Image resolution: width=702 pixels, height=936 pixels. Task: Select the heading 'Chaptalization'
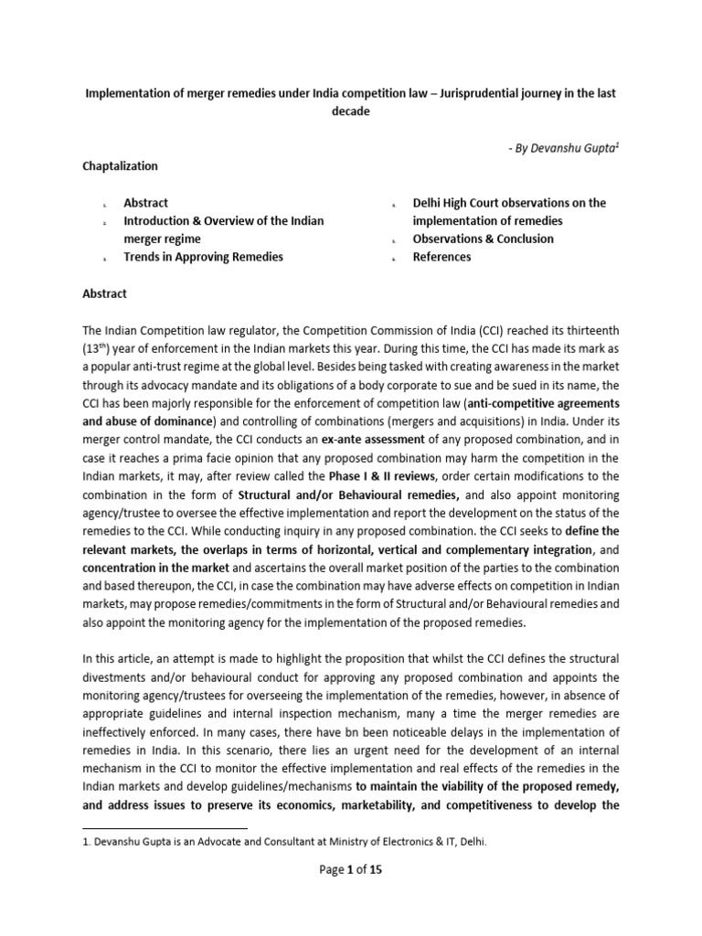[121, 167]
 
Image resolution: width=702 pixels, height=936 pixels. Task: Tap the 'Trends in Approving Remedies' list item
[203, 257]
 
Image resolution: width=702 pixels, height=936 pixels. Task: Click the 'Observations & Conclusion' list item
[483, 239]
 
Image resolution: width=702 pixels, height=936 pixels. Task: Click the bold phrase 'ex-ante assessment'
[410, 439]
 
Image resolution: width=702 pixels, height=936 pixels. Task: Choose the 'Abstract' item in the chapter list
[146, 203]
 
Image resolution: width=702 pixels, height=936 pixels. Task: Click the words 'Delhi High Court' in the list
[458, 203]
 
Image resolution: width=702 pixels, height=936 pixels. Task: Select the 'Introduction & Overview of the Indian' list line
[223, 221]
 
